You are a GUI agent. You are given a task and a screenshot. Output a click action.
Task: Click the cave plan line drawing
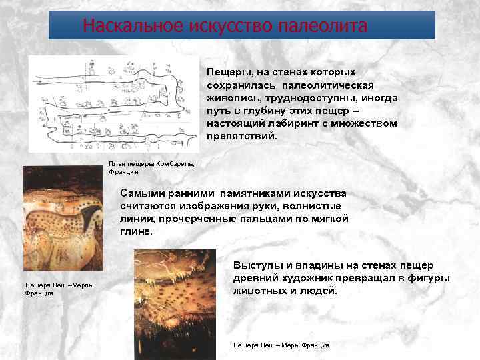(113, 104)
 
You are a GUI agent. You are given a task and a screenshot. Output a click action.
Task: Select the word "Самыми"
(143, 193)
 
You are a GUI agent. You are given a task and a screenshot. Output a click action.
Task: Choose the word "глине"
(136, 231)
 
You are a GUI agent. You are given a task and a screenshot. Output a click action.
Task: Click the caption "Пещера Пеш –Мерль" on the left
(59, 285)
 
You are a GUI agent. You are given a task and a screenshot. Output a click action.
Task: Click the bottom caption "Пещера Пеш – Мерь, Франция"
(281, 345)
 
